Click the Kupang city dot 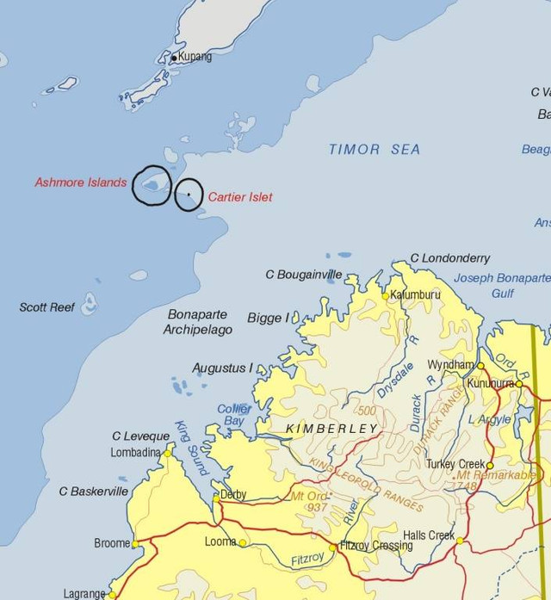coord(174,59)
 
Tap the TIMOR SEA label coord(375,150)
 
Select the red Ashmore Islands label coord(81,182)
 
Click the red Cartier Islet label coord(240,197)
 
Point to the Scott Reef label coord(46,307)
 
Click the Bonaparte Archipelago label coord(200,320)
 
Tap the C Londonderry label coord(449,258)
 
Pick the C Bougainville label coord(303,275)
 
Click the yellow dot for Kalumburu coord(385,295)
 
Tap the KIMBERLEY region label coord(334,429)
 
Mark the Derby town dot coord(216,496)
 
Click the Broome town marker coord(135,543)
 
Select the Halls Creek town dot coord(460,541)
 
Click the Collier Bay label coord(233,415)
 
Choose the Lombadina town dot coord(169,452)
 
